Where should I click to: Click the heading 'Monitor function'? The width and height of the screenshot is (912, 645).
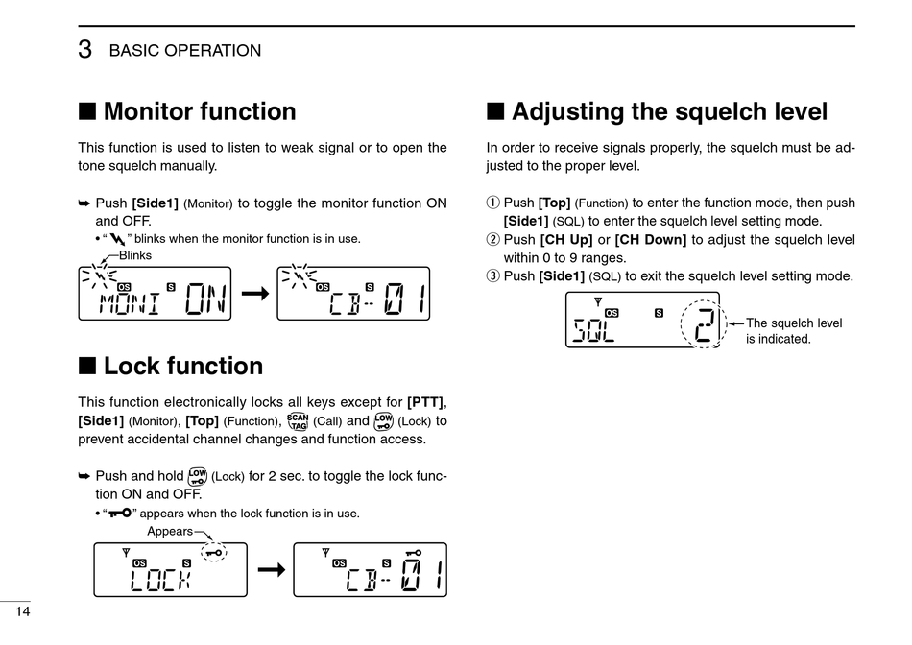pos(199,112)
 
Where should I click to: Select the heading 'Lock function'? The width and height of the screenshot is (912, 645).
pos(182,367)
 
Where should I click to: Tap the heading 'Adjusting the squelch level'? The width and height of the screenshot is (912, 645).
pos(668,112)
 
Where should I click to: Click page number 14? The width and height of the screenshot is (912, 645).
pos(22,612)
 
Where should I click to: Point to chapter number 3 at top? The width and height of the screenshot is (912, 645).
pos(84,50)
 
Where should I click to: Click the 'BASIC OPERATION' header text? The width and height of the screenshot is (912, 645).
pos(185,51)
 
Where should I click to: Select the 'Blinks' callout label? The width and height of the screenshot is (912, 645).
pos(135,255)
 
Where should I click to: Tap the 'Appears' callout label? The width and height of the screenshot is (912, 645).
pos(169,531)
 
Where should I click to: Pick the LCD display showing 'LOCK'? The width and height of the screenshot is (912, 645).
pos(170,569)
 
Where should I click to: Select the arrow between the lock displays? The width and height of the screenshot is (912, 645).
pos(272,570)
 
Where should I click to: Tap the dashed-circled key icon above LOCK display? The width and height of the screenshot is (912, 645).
pos(214,552)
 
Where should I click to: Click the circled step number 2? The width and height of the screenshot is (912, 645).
pos(493,240)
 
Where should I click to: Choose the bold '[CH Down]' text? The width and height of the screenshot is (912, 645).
pos(650,240)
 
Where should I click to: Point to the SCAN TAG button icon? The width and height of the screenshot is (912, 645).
pos(298,420)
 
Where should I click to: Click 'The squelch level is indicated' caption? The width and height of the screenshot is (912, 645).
pos(793,331)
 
